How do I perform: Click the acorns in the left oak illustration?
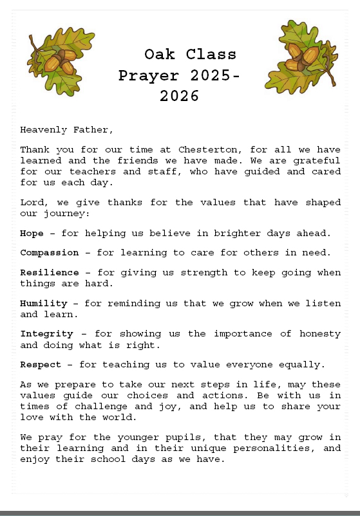click(x=59, y=60)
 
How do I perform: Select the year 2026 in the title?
click(x=180, y=97)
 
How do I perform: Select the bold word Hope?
click(x=32, y=233)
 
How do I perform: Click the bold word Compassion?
click(x=49, y=252)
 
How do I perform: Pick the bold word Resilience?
click(x=49, y=272)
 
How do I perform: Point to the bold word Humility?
click(x=44, y=303)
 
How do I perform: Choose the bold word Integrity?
click(x=46, y=333)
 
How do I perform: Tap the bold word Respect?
click(x=41, y=364)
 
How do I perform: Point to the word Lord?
click(x=31, y=202)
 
